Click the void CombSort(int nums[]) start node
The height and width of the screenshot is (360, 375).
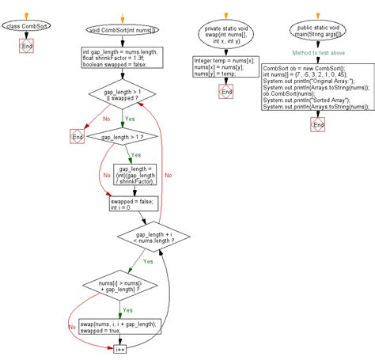tap(123, 31)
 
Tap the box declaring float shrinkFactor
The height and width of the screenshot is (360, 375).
tap(123, 58)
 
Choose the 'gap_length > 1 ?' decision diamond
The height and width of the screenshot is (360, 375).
tap(123, 138)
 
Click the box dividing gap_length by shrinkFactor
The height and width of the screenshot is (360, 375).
tap(135, 174)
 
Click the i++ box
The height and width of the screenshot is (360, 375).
tap(120, 348)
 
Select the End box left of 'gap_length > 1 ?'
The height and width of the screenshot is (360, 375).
tap(77, 138)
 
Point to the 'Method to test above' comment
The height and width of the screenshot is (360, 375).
tap(314, 53)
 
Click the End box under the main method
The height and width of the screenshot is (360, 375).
tap(318, 124)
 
